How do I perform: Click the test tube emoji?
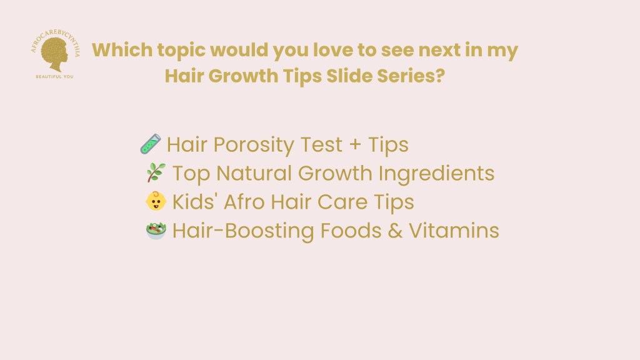coord(151,144)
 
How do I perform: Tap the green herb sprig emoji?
coord(156,172)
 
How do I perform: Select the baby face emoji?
coord(156,201)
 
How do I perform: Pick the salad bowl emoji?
coord(156,231)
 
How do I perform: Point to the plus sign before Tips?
coord(355,144)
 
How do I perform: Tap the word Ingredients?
coord(436,174)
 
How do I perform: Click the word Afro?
coord(244,202)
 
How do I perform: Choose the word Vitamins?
coord(454,231)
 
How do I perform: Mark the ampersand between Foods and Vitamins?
coord(395,231)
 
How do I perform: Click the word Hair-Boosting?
coord(243,231)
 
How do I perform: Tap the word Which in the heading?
coord(122,50)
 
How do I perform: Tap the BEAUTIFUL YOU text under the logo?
coord(55,77)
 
